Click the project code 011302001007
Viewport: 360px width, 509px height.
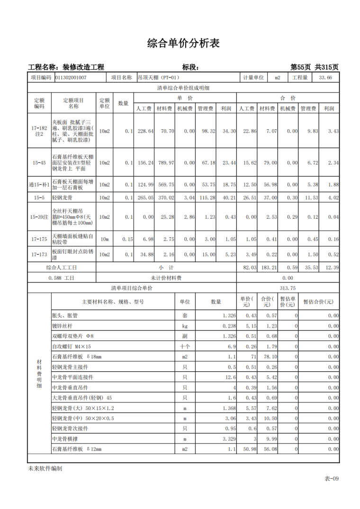point(71,78)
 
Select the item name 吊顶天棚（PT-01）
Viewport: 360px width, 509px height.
point(159,78)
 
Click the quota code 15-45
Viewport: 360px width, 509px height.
point(39,163)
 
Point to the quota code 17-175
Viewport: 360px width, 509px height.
point(39,240)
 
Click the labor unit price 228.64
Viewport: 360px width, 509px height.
point(144,131)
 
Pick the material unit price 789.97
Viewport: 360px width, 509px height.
point(165,163)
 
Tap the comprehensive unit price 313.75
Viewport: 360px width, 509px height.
point(288,288)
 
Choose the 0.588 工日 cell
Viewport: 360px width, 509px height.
point(62,278)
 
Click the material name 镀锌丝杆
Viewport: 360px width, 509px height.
point(62,326)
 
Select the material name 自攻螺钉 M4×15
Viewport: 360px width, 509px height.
point(71,347)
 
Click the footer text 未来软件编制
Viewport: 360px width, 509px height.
point(45,469)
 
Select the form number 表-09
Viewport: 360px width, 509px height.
point(332,479)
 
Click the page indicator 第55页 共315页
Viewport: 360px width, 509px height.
point(314,67)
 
